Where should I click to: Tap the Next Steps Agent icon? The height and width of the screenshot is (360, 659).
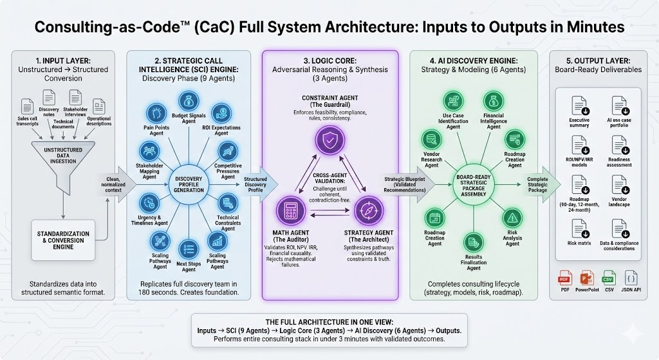[189, 248]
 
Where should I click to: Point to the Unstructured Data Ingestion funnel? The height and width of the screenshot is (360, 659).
[63, 155]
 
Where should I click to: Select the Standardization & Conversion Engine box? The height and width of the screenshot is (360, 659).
[63, 238]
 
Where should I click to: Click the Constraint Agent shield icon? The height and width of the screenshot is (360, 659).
[324, 139]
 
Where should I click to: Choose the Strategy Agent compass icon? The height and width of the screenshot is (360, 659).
[360, 211]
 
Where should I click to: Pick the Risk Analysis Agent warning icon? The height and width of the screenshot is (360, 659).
[512, 217]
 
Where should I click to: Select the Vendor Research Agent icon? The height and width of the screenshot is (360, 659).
[431, 138]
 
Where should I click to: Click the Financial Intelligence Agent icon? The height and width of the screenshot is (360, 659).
[494, 101]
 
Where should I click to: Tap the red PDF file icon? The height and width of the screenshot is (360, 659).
[564, 281]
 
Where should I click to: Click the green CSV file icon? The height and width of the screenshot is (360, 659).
[608, 281]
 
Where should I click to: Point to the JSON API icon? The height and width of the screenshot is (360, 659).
[630, 281]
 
